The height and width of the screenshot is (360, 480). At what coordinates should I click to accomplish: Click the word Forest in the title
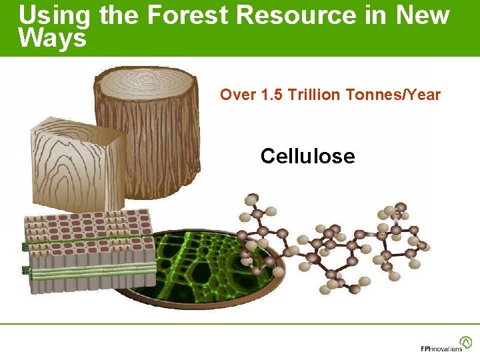coord(183,15)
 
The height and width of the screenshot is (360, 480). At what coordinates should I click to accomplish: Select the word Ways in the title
coord(53,39)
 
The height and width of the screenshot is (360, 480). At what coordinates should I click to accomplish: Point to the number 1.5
coord(271,95)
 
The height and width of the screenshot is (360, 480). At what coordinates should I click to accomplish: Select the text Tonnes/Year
coord(393,95)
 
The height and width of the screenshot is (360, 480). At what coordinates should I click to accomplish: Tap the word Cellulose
coord(307,156)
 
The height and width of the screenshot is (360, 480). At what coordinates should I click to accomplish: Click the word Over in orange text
coord(234,95)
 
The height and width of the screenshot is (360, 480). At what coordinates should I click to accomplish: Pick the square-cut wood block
coord(77,167)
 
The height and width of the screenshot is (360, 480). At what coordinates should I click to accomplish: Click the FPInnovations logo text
coord(441,349)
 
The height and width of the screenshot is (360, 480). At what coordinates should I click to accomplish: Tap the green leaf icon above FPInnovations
coord(466,341)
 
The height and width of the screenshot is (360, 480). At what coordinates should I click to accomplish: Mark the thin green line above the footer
coord(240,324)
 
